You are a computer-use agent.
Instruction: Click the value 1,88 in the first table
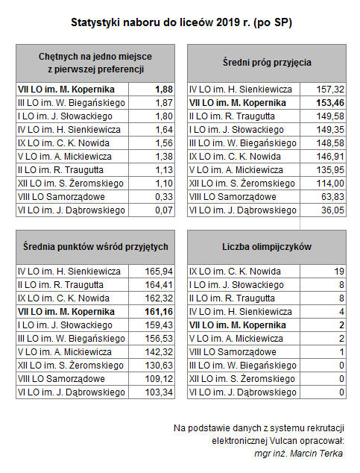click(x=164, y=90)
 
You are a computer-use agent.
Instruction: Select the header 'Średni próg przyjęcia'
click(x=267, y=63)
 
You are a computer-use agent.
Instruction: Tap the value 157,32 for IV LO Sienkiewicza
click(x=330, y=90)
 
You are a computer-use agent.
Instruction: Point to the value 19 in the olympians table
click(x=339, y=272)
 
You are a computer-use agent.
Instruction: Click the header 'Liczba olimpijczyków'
click(x=267, y=247)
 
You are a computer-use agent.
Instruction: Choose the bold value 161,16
click(x=159, y=312)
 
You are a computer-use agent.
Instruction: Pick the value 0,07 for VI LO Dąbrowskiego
click(x=164, y=210)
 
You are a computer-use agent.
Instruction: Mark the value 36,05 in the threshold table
click(x=332, y=210)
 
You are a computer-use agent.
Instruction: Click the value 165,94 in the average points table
click(x=159, y=272)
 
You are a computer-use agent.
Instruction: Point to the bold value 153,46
click(x=330, y=103)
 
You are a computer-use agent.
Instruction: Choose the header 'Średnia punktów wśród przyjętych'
click(x=95, y=247)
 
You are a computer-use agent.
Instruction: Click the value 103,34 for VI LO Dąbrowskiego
click(x=159, y=392)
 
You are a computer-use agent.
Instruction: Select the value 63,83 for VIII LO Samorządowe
click(x=332, y=197)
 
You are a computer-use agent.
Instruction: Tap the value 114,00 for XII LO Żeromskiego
click(x=330, y=184)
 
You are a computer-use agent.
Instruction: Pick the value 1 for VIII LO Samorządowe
click(x=341, y=352)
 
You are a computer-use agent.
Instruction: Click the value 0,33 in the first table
click(x=164, y=197)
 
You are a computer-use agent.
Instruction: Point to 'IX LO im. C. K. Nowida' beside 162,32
click(x=63, y=298)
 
